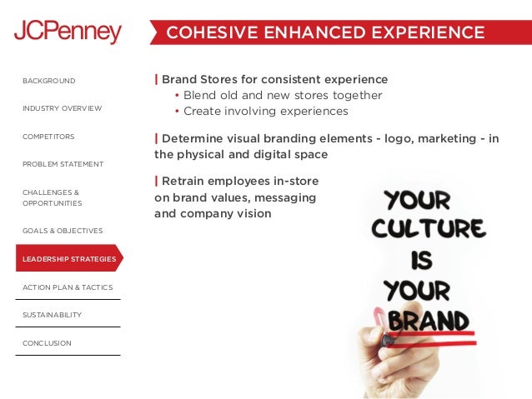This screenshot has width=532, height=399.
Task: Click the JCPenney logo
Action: [68, 32]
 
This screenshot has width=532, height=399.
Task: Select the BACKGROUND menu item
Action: [49, 81]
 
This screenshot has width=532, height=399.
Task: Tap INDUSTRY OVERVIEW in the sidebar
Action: [63, 108]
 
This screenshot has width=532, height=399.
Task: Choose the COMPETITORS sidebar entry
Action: [48, 136]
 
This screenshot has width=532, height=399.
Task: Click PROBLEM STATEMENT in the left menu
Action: [63, 164]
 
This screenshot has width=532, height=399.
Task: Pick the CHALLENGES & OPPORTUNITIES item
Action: [52, 197]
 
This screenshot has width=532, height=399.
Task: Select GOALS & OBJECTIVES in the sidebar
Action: [63, 230]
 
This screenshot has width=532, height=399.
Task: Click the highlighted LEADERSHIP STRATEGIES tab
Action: [69, 259]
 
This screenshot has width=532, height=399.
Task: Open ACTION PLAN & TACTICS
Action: [68, 287]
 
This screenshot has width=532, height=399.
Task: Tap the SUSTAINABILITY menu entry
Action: [52, 315]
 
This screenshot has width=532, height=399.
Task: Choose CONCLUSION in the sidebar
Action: [47, 343]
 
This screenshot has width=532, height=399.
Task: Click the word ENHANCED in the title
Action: [297, 32]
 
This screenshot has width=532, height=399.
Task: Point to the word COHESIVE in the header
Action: [209, 32]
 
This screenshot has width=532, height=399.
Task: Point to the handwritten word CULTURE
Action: [428, 228]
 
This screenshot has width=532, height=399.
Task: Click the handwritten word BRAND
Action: [429, 321]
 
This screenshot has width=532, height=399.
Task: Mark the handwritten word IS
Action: [419, 260]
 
